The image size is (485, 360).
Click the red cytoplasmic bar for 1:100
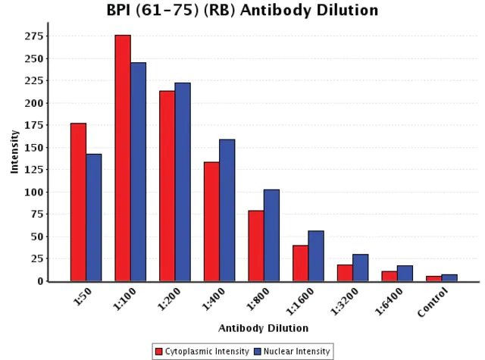click(123, 158)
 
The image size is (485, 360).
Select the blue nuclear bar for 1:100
click(138, 171)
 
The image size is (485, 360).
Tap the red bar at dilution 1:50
click(78, 202)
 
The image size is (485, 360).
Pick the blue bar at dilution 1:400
click(227, 210)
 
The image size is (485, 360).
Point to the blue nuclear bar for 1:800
click(271, 236)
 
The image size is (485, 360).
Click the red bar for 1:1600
click(300, 263)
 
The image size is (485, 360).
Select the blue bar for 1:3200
click(361, 268)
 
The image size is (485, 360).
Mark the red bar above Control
click(434, 279)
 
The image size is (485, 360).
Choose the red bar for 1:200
click(167, 186)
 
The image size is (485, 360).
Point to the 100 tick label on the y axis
click(33, 192)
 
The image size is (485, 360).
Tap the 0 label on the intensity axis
click(40, 281)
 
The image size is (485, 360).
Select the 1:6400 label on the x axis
click(389, 301)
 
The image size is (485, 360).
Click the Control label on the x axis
click(433, 302)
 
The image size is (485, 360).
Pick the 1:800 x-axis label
click(258, 298)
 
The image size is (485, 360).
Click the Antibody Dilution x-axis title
click(263, 328)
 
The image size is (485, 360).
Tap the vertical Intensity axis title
click(14, 152)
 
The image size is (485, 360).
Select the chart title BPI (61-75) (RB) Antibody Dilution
click(242, 10)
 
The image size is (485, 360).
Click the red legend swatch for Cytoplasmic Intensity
click(159, 352)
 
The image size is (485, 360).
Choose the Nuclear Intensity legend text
click(296, 352)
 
